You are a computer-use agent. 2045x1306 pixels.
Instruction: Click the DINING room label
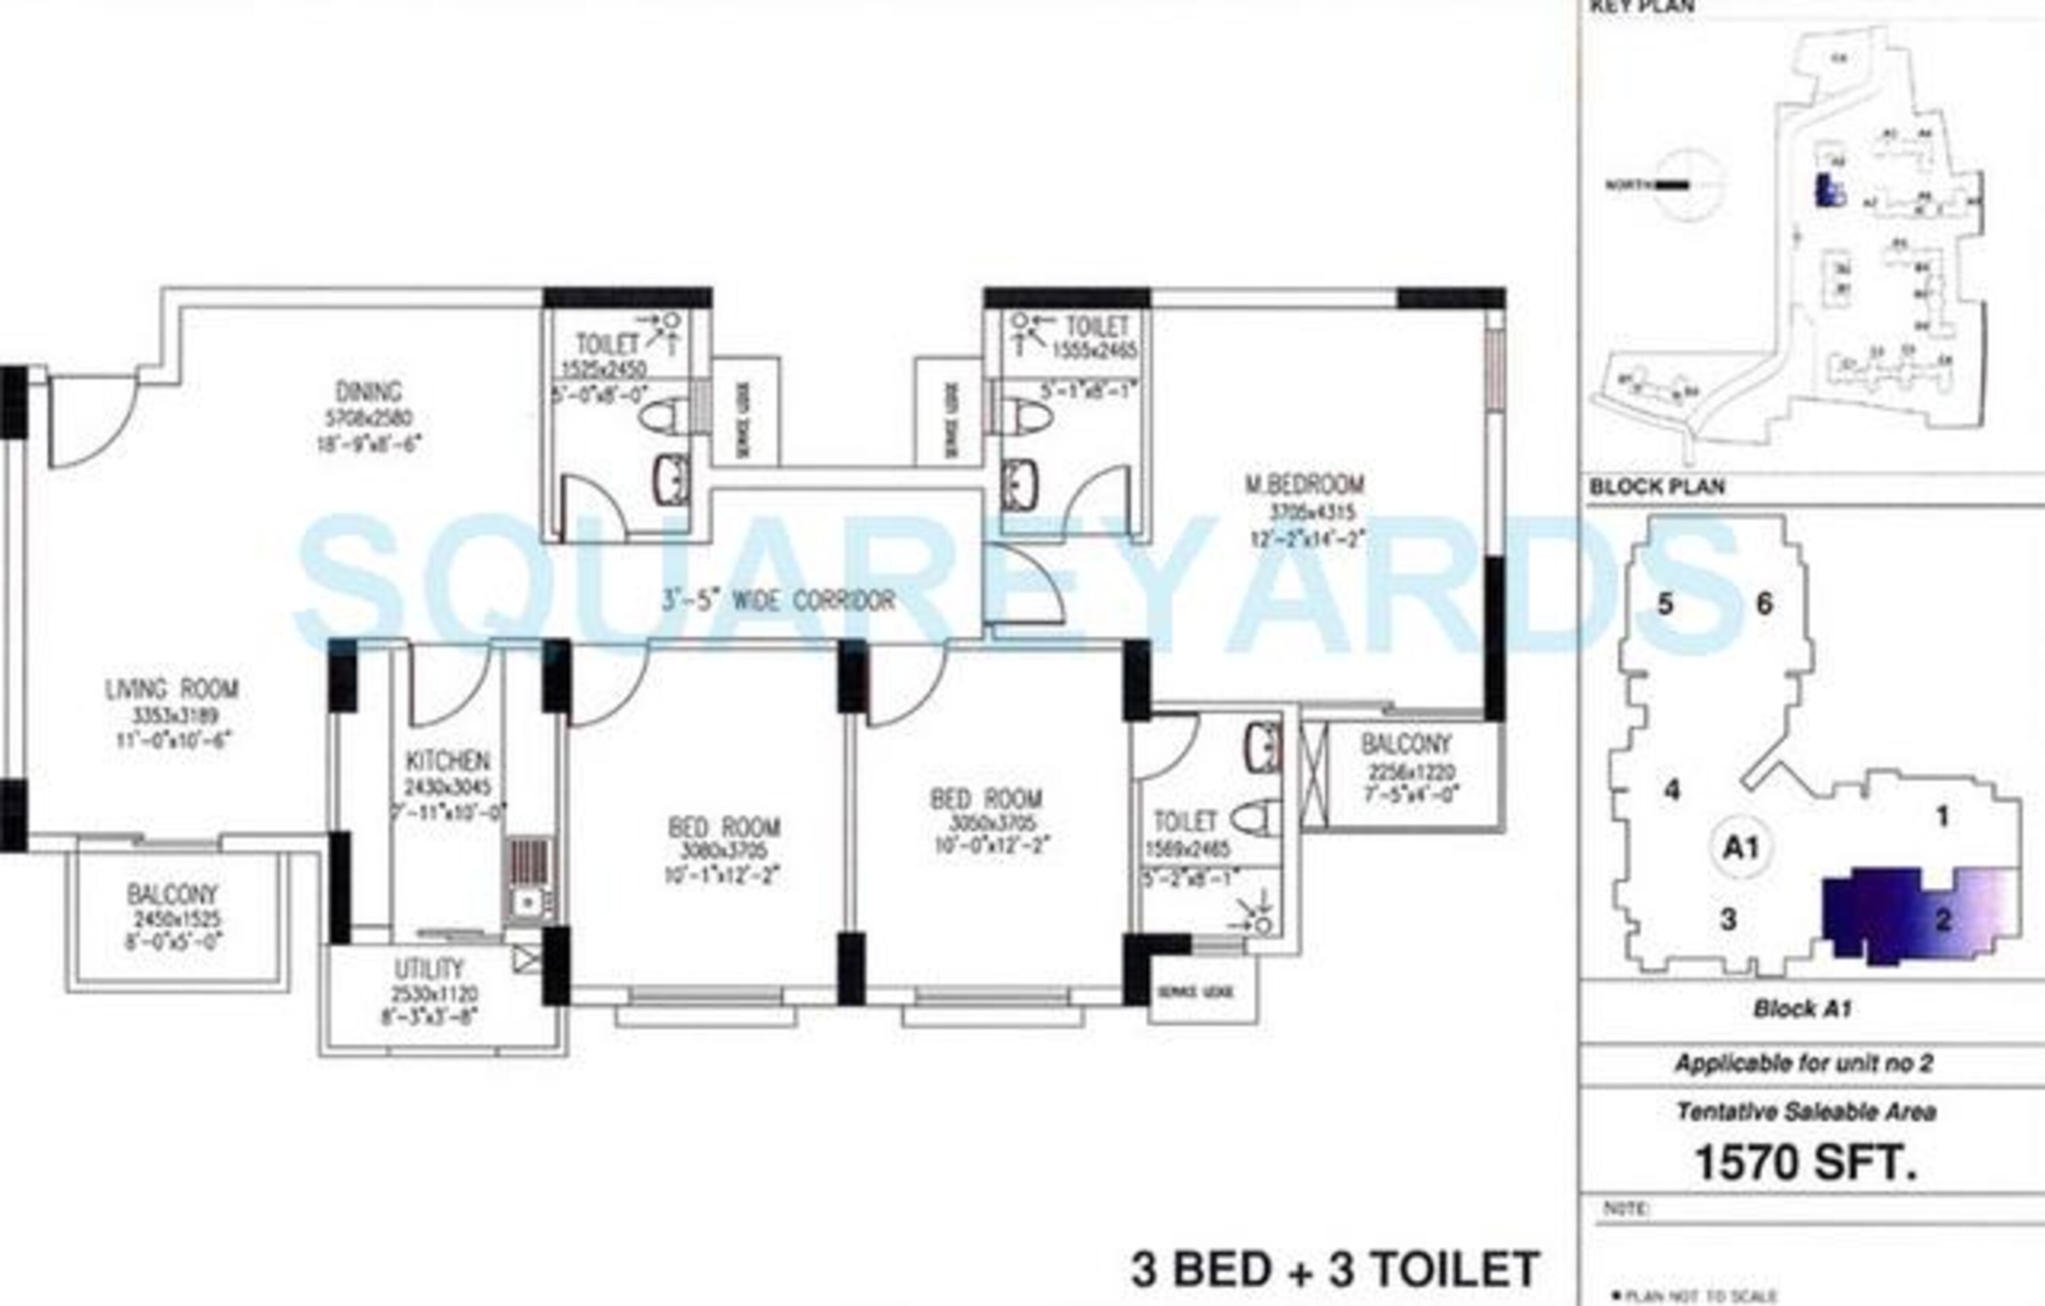click(367, 393)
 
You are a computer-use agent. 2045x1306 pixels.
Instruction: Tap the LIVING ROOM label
click(172, 688)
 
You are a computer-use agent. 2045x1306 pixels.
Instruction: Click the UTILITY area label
click(429, 969)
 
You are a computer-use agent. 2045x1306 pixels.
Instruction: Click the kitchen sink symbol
click(529, 902)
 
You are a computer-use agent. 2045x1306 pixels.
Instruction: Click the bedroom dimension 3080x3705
click(725, 851)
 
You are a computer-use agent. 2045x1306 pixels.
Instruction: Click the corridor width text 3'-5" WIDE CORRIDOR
click(778, 601)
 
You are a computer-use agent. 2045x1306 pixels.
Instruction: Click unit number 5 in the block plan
click(1665, 605)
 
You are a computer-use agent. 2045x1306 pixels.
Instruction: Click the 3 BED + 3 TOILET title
click(1335, 1269)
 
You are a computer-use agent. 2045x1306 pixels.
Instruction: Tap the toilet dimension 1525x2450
click(604, 369)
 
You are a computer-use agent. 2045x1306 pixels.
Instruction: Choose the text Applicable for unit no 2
click(1804, 1064)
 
